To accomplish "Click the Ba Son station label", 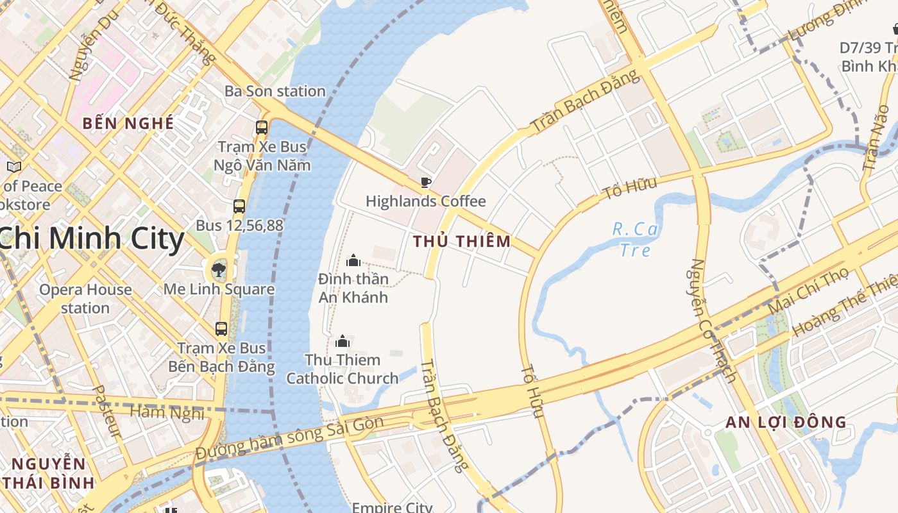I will (x=275, y=91).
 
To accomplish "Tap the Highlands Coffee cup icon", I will (x=425, y=183).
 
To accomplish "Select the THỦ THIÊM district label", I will (x=462, y=242).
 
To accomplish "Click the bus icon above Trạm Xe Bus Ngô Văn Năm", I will (x=261, y=127).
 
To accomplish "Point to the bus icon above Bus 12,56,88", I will (x=239, y=206).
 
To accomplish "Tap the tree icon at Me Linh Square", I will (x=219, y=269).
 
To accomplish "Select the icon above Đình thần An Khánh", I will (x=353, y=260).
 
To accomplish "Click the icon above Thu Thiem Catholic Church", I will (x=343, y=341).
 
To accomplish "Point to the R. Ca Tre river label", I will (x=635, y=239).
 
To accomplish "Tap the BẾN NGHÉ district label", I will (x=128, y=123).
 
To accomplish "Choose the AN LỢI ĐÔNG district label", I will (x=786, y=423).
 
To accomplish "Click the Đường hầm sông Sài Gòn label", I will (x=290, y=437).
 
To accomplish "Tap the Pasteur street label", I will (x=106, y=411).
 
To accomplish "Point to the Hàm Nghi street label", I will (x=167, y=412).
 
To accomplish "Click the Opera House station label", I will (x=85, y=299).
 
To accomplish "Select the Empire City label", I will (x=392, y=507).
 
